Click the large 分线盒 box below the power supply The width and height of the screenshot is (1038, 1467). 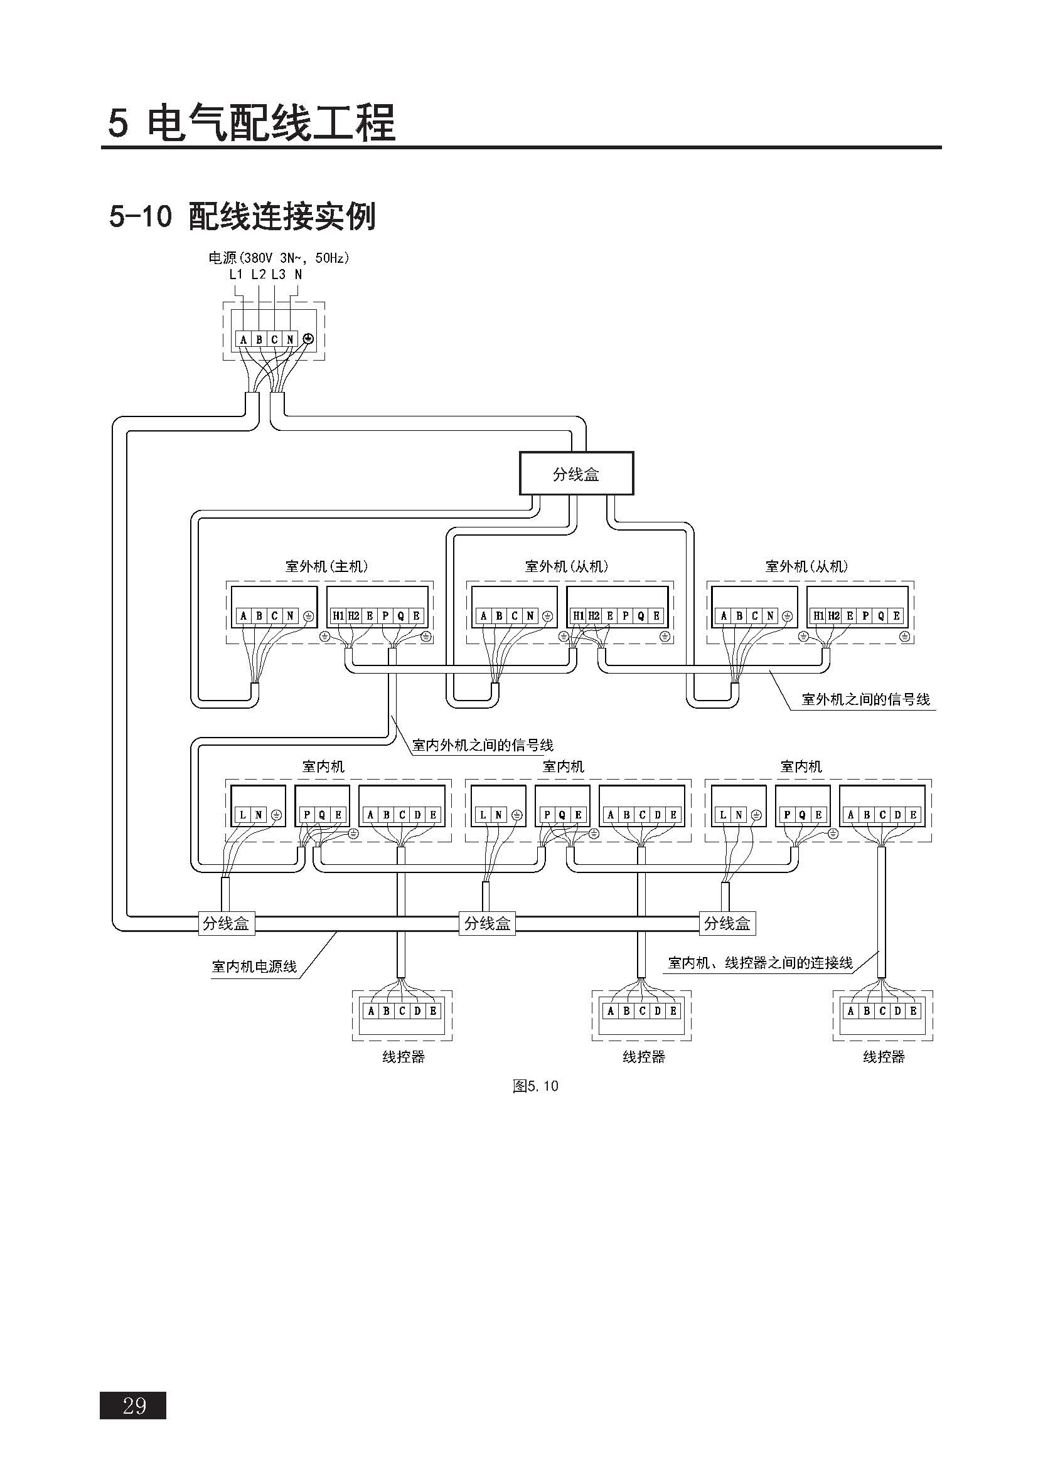[576, 474]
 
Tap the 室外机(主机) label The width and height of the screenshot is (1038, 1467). [326, 566]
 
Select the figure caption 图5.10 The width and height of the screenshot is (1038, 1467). [535, 1086]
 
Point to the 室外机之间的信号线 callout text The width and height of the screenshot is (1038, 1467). [865, 700]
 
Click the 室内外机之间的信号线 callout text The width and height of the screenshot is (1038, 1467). [483, 745]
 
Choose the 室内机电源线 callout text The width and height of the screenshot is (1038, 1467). [254, 967]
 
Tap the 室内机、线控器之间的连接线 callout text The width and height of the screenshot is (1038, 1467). [760, 963]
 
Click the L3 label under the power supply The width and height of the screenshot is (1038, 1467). [278, 275]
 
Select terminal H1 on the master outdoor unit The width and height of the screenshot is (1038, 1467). [338, 616]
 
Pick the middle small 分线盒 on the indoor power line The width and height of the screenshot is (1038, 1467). [487, 923]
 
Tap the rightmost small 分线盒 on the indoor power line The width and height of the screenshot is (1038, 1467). [727, 923]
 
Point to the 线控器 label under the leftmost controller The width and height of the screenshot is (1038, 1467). [404, 1057]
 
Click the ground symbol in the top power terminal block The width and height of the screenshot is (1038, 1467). [308, 339]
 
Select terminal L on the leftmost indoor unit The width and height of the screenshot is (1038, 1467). [243, 815]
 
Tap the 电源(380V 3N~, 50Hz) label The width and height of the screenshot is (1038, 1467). [279, 258]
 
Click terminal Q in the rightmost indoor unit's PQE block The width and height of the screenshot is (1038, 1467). [802, 815]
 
